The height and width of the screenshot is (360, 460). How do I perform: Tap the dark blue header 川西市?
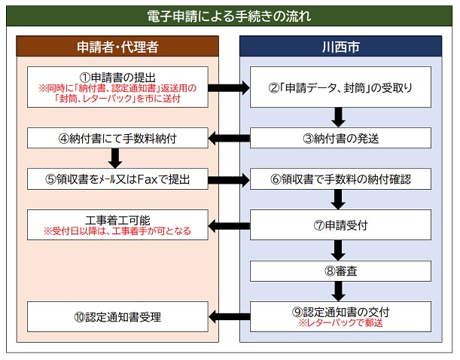coord(340,46)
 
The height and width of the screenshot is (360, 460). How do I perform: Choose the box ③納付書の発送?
coord(340,138)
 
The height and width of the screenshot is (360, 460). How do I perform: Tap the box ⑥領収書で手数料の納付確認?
coord(340,179)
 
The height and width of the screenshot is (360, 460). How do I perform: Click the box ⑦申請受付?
coord(340,224)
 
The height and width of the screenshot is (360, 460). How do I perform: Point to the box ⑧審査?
coord(340,270)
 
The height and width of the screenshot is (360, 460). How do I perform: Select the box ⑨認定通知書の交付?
coord(340,316)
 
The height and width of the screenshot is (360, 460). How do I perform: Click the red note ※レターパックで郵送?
coord(340,322)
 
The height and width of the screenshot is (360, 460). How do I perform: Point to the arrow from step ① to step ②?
coord(228,88)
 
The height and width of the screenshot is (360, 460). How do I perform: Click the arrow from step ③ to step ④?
coord(228,138)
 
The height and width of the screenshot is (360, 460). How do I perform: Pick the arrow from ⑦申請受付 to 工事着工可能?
coord(228,224)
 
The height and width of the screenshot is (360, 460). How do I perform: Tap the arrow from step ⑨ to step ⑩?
coord(228,316)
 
